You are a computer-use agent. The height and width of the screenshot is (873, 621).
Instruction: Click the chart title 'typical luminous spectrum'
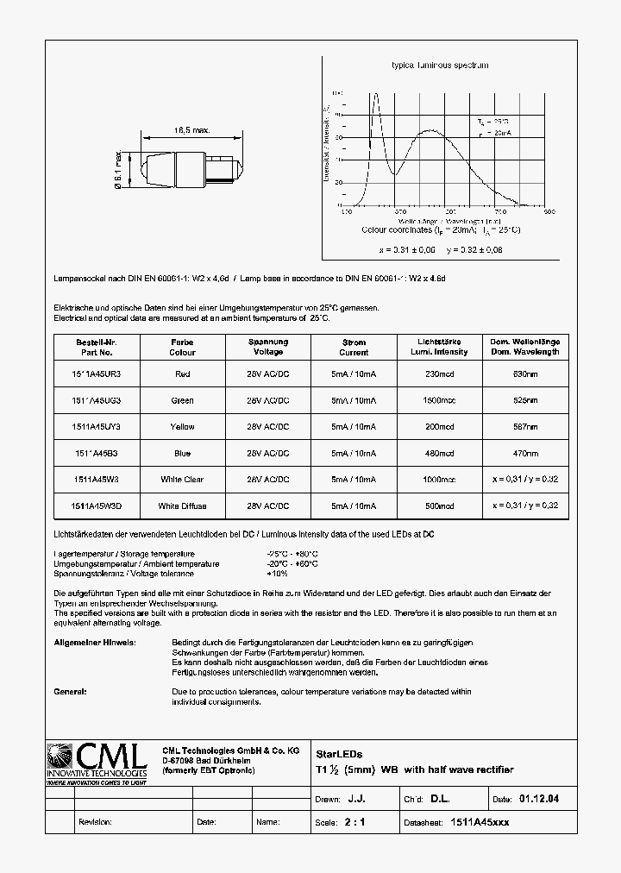pos(441,66)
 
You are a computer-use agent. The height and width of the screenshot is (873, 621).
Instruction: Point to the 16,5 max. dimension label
pos(191,130)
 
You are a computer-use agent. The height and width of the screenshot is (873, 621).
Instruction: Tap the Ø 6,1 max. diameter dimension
pos(117,169)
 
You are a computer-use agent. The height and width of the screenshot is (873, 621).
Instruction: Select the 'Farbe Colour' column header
pos(182,347)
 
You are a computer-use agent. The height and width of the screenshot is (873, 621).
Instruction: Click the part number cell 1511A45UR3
pos(96,374)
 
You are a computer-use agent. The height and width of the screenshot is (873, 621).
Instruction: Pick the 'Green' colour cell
pos(182,400)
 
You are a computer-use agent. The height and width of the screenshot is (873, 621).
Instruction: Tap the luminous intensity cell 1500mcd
pos(439,400)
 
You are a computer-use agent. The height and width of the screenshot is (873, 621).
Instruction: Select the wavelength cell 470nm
pos(525,453)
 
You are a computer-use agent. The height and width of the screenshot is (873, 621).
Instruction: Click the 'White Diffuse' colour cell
pos(182,506)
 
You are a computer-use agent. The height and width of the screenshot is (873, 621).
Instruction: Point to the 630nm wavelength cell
pos(525,374)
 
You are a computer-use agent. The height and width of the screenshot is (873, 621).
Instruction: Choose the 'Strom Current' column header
pos(354,347)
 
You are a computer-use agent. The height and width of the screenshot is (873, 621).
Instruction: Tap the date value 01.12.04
pos(539,800)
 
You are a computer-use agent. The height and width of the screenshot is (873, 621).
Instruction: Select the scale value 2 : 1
pos(354,822)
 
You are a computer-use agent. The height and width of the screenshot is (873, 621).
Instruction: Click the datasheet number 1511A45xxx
pos(480,822)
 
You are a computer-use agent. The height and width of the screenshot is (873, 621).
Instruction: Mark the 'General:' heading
pos(70,692)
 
